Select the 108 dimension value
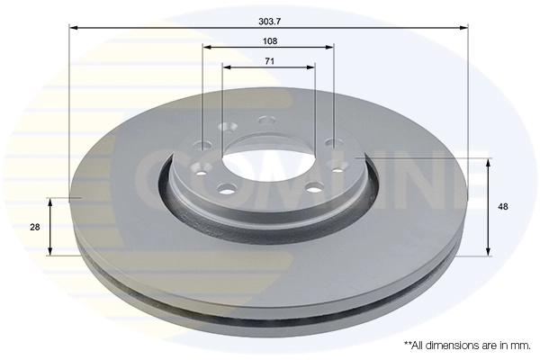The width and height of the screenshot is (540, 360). [x=270, y=41]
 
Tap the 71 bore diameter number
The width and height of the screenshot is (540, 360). [x=269, y=61]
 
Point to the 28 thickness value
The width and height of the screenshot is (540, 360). [x=34, y=227]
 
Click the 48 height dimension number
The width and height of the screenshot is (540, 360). [x=503, y=207]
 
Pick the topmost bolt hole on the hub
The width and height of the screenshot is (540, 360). [x=265, y=120]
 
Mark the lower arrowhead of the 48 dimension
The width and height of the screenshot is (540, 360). [x=489, y=251]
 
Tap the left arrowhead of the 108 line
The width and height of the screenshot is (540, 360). [x=206, y=47]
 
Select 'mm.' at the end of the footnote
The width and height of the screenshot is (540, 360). [x=520, y=345]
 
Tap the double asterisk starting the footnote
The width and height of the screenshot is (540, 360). [x=407, y=343]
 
